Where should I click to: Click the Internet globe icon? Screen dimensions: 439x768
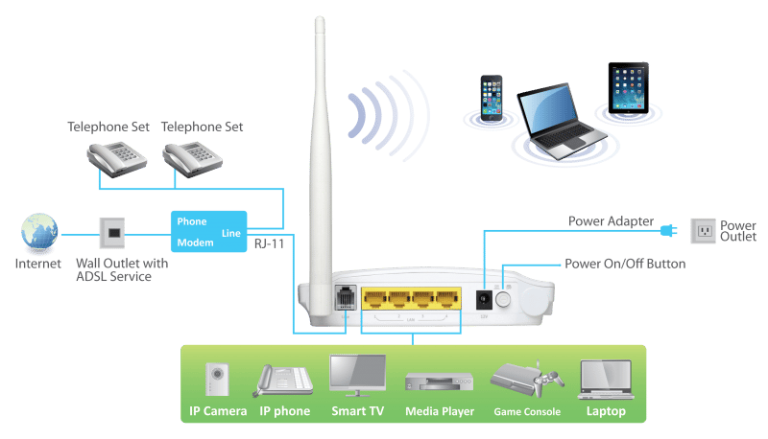point(38,233)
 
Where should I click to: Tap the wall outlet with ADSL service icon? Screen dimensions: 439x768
point(110,231)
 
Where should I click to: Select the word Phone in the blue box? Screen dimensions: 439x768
point(190,219)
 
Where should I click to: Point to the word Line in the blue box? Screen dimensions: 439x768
point(231,233)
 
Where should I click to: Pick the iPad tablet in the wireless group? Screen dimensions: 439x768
point(628,88)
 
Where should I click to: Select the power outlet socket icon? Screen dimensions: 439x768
point(704,229)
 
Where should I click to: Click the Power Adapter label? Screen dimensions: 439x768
point(611,221)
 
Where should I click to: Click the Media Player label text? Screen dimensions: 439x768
point(441,412)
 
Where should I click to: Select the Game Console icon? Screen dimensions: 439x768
point(525,378)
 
